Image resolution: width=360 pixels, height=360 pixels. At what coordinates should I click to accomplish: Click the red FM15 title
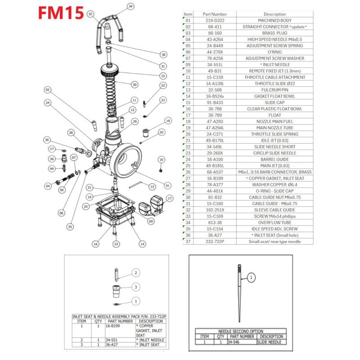pos(60,13)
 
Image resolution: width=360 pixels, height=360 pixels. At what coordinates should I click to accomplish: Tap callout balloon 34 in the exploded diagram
pos(130,6)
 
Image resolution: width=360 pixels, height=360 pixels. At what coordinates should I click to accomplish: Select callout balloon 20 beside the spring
pos(134,84)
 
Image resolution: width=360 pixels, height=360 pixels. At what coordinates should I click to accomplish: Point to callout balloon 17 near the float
pos(169,198)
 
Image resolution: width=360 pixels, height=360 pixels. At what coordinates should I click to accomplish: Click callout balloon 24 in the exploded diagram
pos(47,103)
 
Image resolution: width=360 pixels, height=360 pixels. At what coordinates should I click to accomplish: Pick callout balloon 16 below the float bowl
pos(95,244)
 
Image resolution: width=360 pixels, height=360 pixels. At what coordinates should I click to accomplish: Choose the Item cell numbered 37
pos(188,241)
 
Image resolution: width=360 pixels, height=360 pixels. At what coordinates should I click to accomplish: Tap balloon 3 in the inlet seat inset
pos(136,287)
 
